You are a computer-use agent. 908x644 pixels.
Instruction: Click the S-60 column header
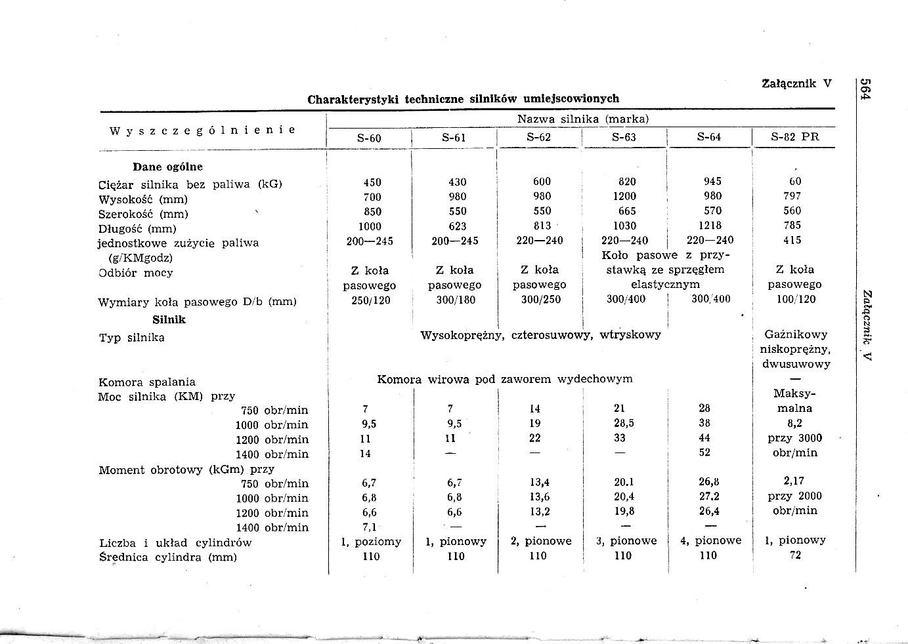click(x=369, y=138)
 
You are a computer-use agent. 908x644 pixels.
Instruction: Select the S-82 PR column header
click(x=795, y=137)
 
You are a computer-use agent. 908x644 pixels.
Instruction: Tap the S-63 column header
click(x=624, y=138)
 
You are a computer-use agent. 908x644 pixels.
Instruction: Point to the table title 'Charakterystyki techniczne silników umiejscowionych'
click(x=464, y=99)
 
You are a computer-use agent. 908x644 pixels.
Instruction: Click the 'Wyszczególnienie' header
click(x=202, y=130)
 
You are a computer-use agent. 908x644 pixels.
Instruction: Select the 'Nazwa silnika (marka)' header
click(x=583, y=119)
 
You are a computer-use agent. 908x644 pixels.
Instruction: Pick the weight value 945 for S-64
click(x=712, y=181)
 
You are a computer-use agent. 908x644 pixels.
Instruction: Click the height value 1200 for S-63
click(x=624, y=196)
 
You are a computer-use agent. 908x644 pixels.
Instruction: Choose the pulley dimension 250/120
click(x=371, y=300)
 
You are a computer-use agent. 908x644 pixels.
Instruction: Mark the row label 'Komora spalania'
click(x=147, y=382)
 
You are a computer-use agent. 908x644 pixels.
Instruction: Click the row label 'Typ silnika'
click(x=131, y=338)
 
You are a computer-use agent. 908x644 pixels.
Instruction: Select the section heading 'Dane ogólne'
click(x=168, y=167)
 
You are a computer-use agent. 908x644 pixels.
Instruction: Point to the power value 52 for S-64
click(x=704, y=453)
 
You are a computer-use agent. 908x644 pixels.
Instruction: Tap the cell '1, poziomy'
click(x=371, y=541)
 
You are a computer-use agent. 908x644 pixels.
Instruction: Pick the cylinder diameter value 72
click(x=796, y=555)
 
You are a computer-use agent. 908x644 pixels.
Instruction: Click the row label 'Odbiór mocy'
click(x=136, y=272)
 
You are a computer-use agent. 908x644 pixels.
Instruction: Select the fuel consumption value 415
click(x=792, y=240)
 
